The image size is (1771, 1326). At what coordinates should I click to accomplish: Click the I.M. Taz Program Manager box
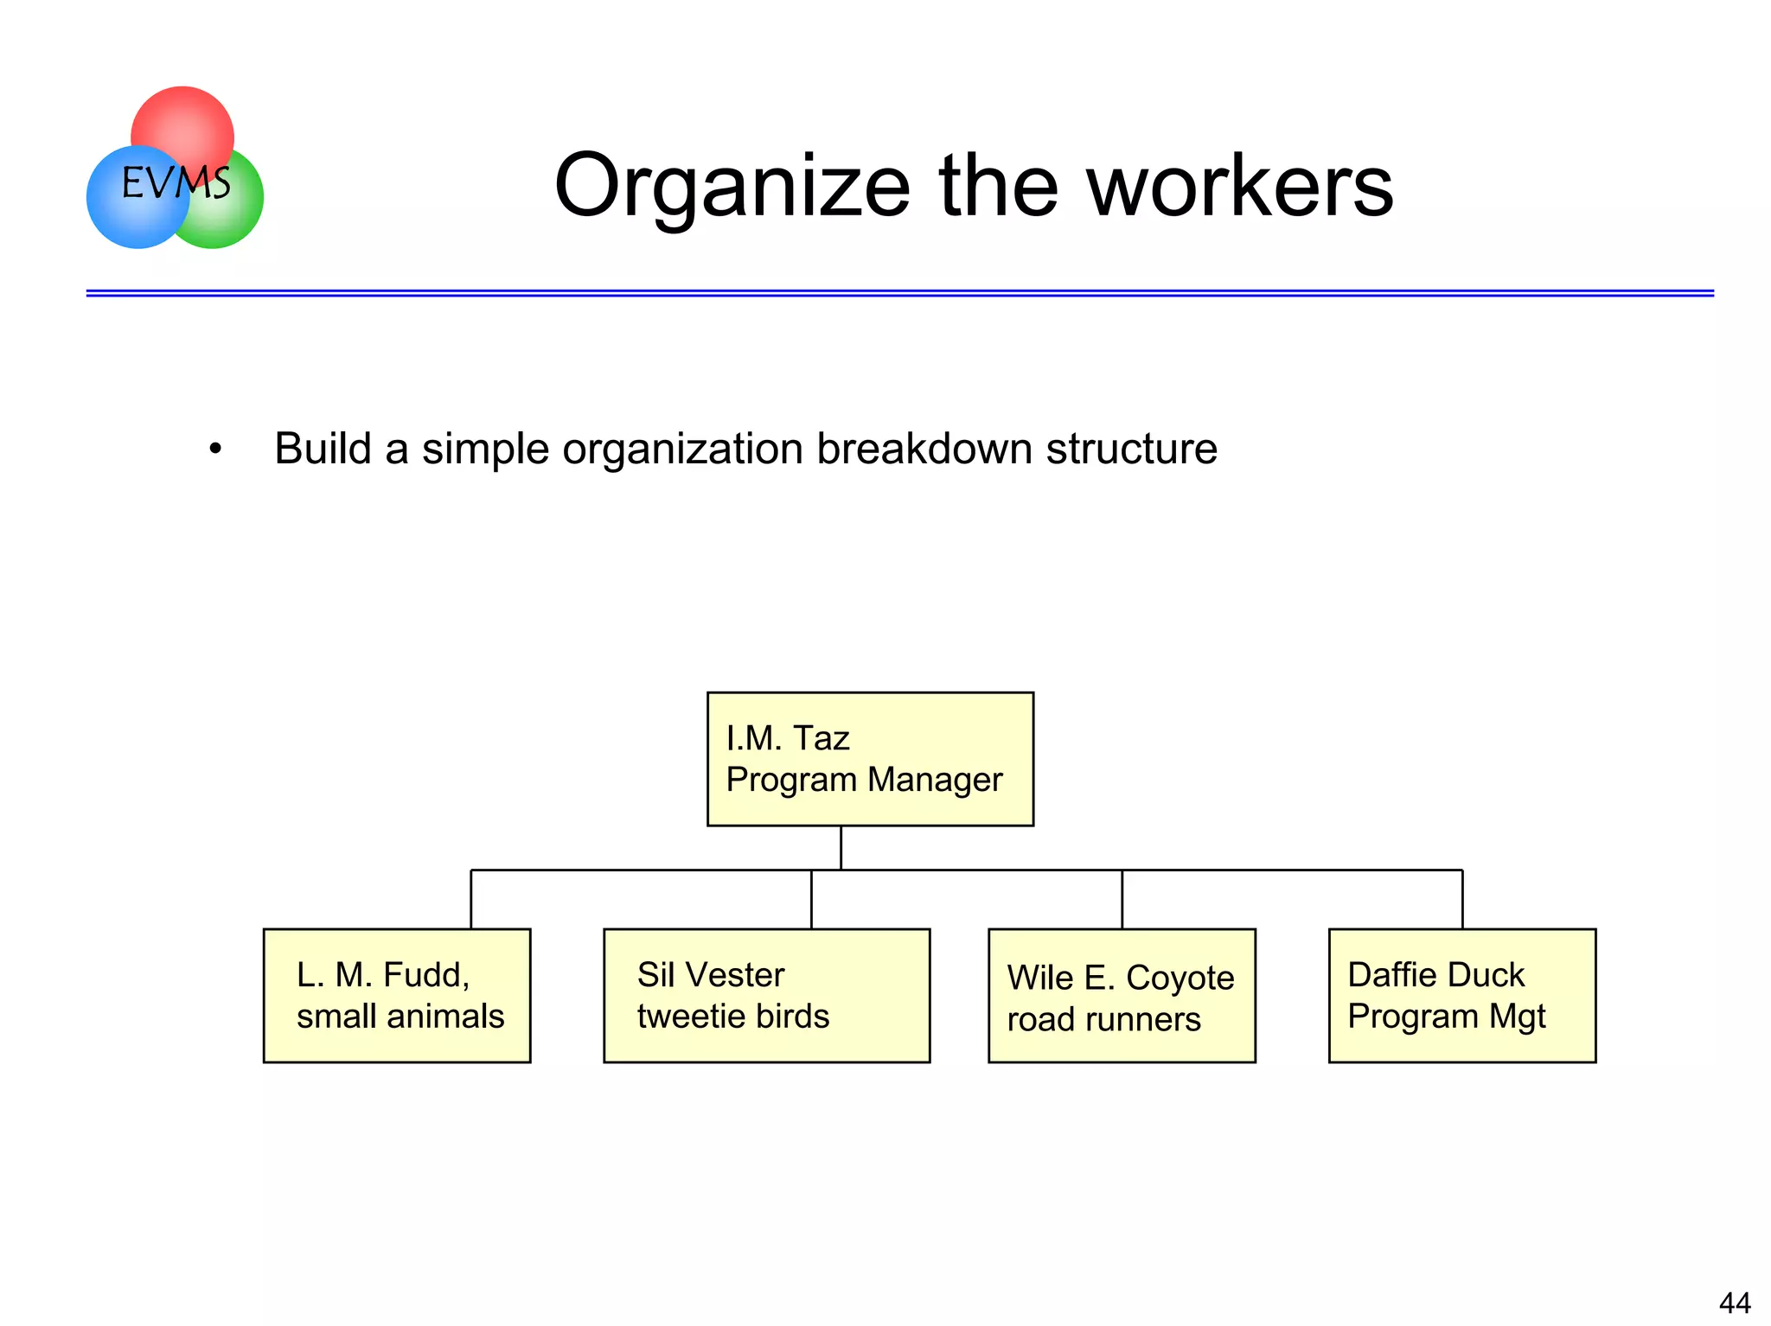click(x=869, y=758)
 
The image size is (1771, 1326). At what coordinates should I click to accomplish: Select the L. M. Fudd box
click(x=396, y=995)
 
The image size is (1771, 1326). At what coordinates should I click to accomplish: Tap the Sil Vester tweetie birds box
click(x=765, y=995)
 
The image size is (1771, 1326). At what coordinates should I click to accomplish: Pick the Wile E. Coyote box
click(x=1121, y=995)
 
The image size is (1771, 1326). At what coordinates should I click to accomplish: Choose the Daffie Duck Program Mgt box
click(x=1461, y=995)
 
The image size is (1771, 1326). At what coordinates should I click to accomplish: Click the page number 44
click(x=1734, y=1302)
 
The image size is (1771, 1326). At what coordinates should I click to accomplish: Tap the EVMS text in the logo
click(x=176, y=183)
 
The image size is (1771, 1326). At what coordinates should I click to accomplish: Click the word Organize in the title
click(x=732, y=186)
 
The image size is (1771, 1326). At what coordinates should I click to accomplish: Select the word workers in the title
click(x=1239, y=186)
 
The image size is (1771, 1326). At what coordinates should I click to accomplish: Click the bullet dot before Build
click(x=215, y=449)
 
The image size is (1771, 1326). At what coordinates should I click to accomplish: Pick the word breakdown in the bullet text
click(x=924, y=449)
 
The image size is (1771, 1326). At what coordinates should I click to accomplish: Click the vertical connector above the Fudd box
click(x=470, y=899)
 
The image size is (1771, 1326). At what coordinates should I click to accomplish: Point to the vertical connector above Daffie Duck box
click(x=1461, y=899)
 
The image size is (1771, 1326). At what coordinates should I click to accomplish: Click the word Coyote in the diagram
click(x=1180, y=978)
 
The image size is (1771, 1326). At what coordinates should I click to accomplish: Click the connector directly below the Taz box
click(x=841, y=847)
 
